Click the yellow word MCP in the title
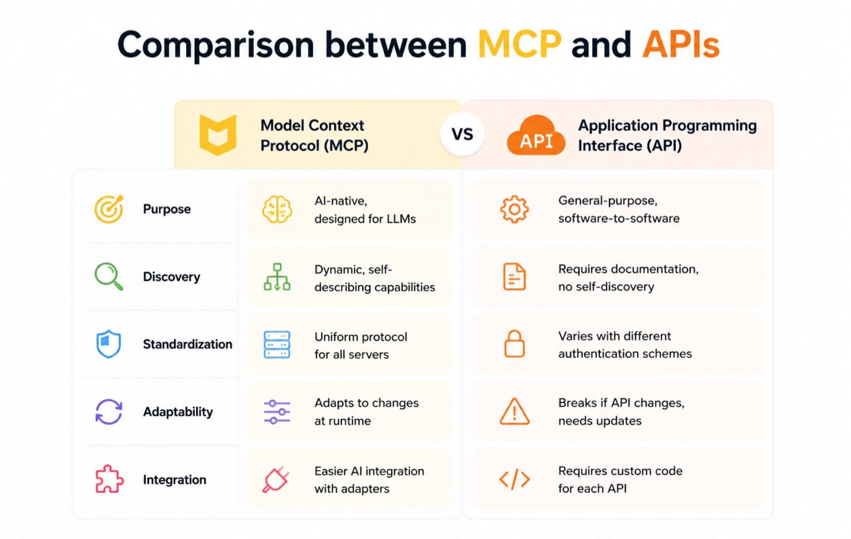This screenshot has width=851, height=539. (x=519, y=45)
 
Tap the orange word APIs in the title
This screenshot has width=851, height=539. (x=681, y=45)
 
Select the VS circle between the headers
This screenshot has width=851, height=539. (x=462, y=134)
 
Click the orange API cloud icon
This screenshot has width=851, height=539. (x=536, y=135)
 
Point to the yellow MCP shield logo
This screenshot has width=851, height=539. (x=218, y=135)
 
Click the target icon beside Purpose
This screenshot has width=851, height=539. (x=109, y=209)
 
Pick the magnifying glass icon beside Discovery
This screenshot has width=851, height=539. (x=109, y=276)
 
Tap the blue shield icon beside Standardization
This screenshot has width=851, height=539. (x=109, y=344)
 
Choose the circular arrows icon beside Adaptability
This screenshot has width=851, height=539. (x=109, y=412)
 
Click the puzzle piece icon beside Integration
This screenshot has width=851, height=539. (x=109, y=479)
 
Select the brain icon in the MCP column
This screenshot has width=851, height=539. (x=277, y=210)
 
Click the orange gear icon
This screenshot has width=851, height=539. (x=514, y=209)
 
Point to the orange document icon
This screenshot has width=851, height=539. (x=514, y=276)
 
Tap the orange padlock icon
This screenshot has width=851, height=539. (x=514, y=344)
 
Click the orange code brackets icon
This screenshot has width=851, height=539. (x=514, y=479)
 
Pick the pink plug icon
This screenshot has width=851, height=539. (x=276, y=480)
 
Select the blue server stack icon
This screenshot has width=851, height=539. (x=277, y=344)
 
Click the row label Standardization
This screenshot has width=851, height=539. (x=187, y=344)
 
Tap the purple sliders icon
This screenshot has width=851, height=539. (x=277, y=412)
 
